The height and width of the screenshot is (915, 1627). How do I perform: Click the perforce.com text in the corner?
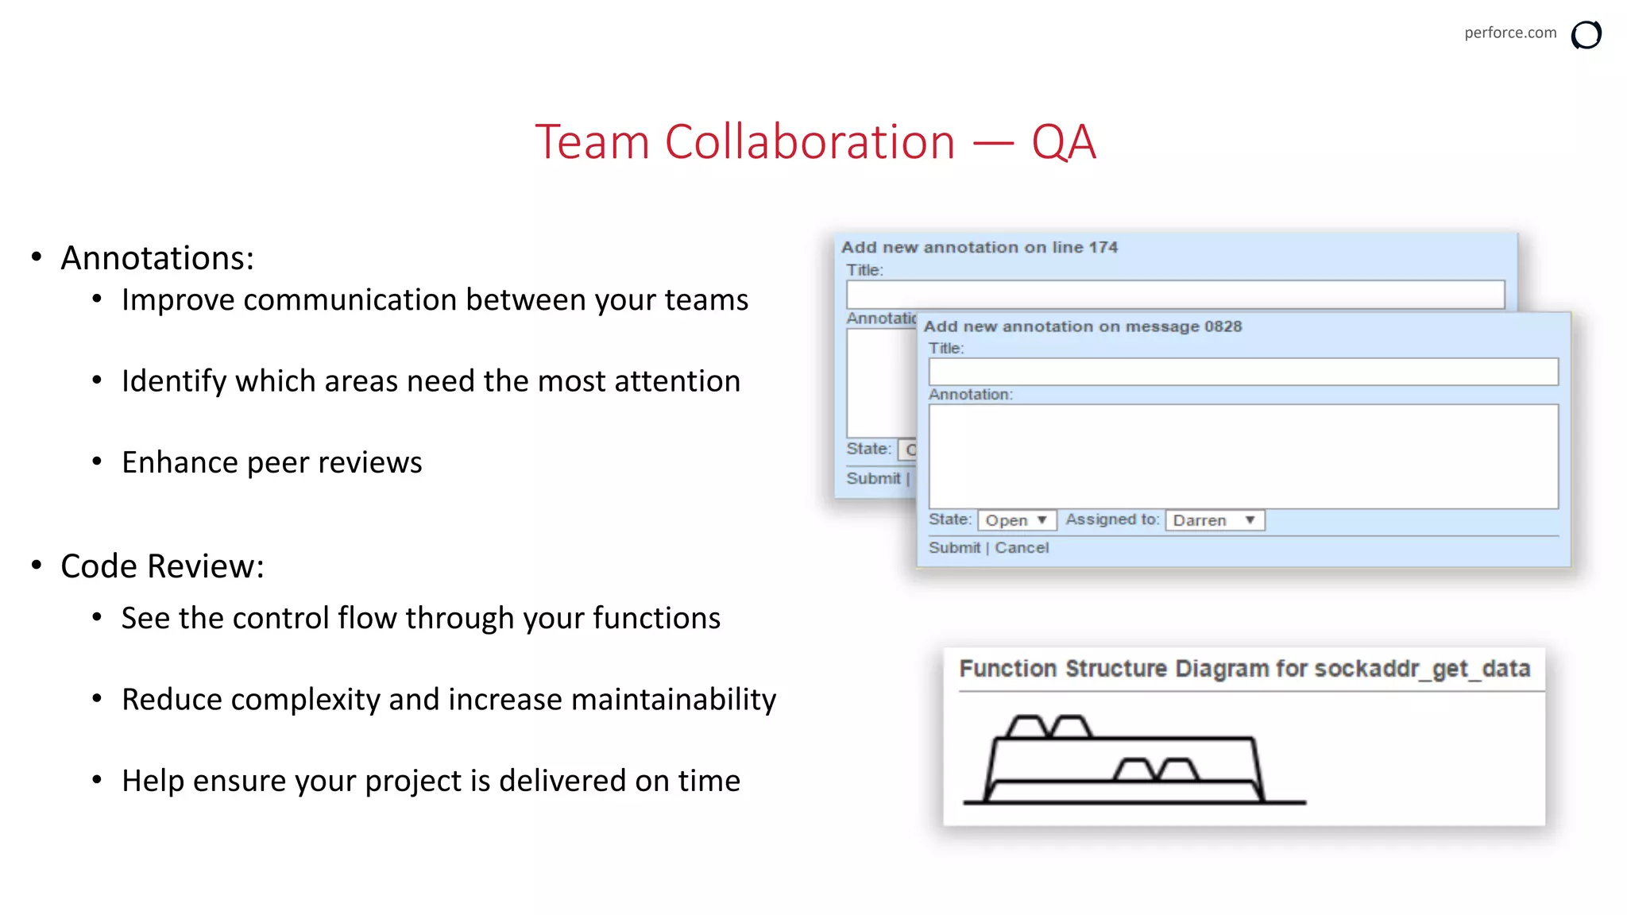click(1509, 33)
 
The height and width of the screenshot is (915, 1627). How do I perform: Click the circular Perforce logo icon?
click(1586, 35)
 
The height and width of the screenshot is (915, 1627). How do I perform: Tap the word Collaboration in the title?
click(809, 143)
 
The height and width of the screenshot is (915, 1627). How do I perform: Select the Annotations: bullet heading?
click(157, 258)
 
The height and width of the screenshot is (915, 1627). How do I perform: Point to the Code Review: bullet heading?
click(162, 566)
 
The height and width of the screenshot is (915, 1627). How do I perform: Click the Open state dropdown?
click(1016, 520)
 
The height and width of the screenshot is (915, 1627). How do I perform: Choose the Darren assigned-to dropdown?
click(1214, 520)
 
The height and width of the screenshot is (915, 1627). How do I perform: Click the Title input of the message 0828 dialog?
click(1242, 372)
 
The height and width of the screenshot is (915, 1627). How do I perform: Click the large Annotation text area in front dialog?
click(1242, 457)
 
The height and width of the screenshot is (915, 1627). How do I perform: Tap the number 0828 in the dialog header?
click(1223, 326)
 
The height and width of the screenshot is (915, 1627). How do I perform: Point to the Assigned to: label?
click(1111, 519)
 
